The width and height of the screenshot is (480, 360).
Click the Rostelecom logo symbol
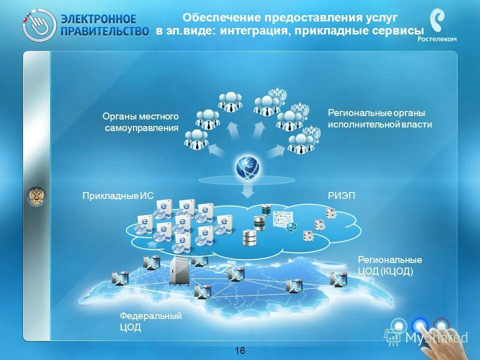tap(438, 22)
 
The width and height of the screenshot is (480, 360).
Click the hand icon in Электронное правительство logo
tap(39, 24)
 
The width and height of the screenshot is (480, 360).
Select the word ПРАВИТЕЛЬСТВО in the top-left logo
tap(105, 31)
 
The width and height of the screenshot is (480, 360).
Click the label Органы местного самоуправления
tap(141, 122)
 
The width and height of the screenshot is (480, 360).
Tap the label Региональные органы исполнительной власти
tap(379, 118)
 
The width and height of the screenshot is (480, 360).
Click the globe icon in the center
tap(248, 167)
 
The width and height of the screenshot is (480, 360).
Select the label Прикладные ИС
tap(117, 196)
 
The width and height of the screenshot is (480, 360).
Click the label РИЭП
tap(341, 196)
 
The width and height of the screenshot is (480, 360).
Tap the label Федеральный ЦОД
tap(150, 321)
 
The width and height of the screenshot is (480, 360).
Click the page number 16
tap(240, 350)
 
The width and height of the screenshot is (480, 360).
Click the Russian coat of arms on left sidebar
tap(36, 196)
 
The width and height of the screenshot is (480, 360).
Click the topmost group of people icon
tap(230, 100)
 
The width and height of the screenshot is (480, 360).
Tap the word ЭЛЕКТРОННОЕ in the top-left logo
tap(98, 19)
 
